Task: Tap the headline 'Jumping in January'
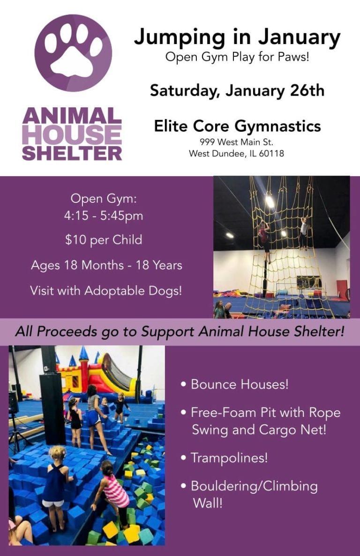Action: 237,37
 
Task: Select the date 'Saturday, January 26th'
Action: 237,90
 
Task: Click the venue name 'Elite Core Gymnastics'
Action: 237,126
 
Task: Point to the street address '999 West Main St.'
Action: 236,142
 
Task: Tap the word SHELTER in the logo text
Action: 72,153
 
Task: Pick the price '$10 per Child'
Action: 104,240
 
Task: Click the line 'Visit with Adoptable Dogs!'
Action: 106,290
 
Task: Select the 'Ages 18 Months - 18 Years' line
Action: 106,266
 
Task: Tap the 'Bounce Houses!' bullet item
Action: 239,385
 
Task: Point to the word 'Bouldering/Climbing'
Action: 254,486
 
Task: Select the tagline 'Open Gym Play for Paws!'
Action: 237,58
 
